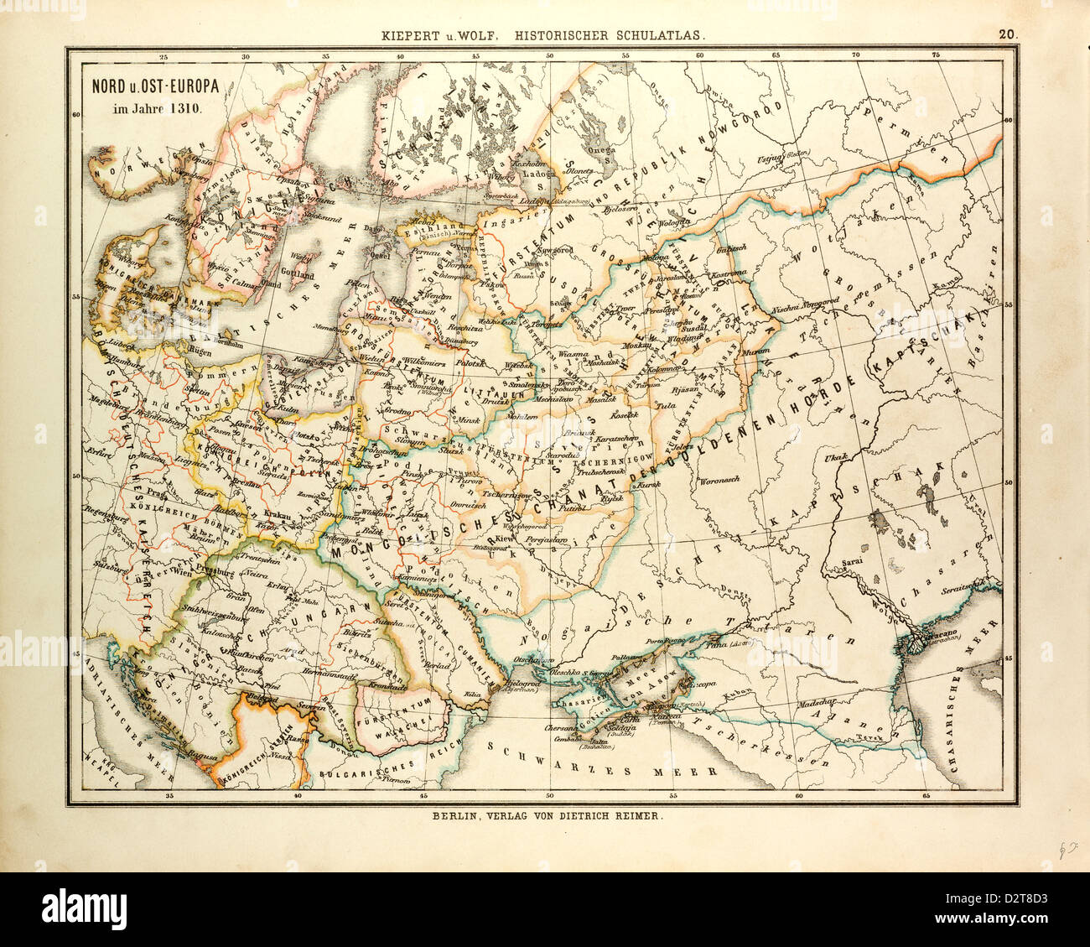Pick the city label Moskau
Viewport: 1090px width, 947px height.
(x=629, y=346)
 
